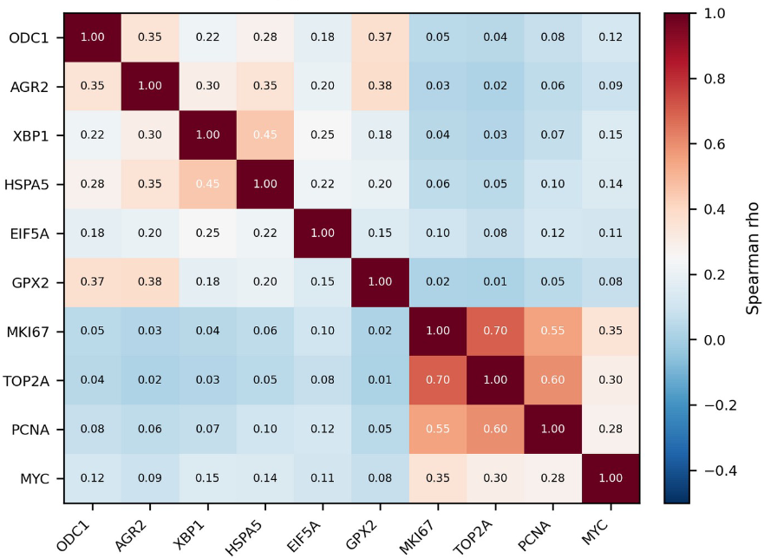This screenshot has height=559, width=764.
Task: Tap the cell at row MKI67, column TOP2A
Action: [x=497, y=332]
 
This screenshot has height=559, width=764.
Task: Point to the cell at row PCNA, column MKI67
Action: [x=439, y=430]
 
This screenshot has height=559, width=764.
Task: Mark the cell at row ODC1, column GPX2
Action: [x=381, y=37]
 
